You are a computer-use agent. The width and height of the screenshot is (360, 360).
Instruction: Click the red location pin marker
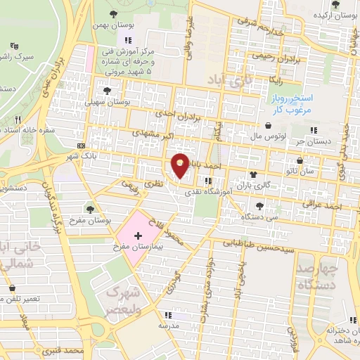[x=180, y=165]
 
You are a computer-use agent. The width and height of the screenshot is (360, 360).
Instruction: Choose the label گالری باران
[x=276, y=175]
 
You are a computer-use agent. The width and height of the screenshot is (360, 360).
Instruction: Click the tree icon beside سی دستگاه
[x=260, y=205]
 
